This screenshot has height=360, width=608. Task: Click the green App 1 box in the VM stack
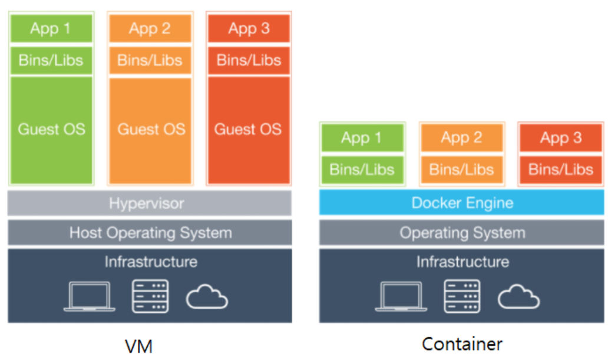(51, 28)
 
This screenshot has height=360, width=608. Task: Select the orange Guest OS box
(150, 130)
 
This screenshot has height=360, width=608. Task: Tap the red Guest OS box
(249, 130)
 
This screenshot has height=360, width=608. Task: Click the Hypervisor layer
(150, 203)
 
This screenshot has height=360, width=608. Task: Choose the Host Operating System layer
(150, 232)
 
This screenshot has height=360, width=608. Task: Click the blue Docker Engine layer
(461, 203)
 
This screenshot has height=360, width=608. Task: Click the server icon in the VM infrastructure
(150, 296)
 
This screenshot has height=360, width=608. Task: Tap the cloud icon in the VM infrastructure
(207, 297)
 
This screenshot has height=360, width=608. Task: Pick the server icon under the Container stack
(462, 296)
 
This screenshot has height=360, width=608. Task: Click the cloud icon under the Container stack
(519, 297)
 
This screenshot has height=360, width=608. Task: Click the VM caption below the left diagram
(139, 346)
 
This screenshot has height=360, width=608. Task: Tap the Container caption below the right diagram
(462, 344)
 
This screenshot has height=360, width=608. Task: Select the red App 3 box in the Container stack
(561, 138)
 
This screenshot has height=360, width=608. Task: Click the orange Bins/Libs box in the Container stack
(462, 170)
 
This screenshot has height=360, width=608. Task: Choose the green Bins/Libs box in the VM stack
(51, 60)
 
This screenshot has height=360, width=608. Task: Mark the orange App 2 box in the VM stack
(150, 28)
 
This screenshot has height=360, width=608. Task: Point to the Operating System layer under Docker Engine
(461, 232)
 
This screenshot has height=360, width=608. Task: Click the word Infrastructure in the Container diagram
(462, 262)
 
